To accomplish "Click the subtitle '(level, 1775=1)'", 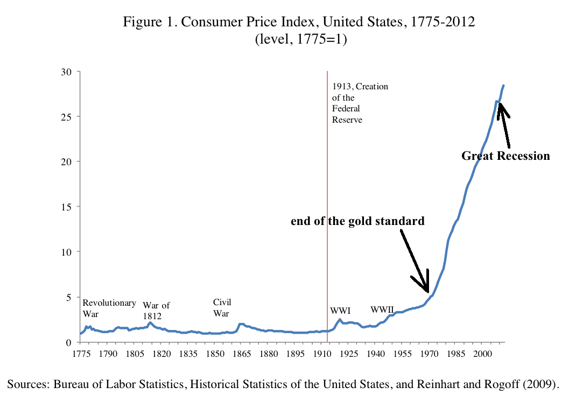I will (x=300, y=39).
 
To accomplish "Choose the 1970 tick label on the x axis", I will (x=428, y=354).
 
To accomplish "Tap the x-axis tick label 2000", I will (x=482, y=354).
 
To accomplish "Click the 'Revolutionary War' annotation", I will (x=109, y=308).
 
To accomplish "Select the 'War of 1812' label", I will (x=156, y=311).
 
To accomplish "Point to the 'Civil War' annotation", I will (x=222, y=308).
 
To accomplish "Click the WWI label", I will (x=340, y=311).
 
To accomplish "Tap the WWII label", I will (x=382, y=309).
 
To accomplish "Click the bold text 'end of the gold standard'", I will (x=357, y=221).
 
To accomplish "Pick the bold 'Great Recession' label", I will (x=505, y=156).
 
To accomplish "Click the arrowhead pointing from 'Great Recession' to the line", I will (x=501, y=108).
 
